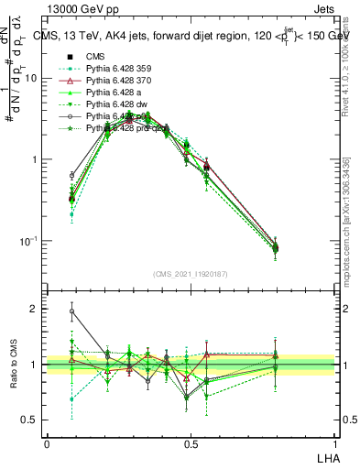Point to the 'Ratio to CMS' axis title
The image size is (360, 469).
click(13, 365)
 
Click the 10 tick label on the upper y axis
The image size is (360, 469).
click(30, 79)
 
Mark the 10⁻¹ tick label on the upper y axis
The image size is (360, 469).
click(27, 241)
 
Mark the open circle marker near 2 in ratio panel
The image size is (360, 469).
click(71, 311)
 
